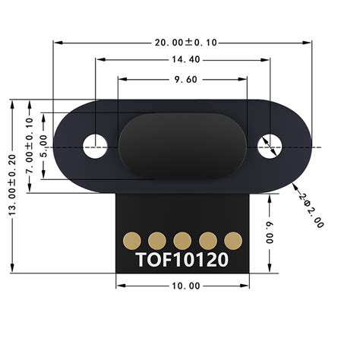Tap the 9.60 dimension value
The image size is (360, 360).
tap(183, 78)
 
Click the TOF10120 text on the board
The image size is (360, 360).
tap(182, 260)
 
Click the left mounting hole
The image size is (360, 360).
tap(95, 144)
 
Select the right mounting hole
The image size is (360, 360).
tap(268, 144)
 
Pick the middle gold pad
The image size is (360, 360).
tap(182, 241)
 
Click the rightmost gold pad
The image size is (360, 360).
tap(233, 241)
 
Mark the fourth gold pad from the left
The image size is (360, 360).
tap(208, 241)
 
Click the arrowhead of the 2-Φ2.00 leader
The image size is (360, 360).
tap(292, 183)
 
